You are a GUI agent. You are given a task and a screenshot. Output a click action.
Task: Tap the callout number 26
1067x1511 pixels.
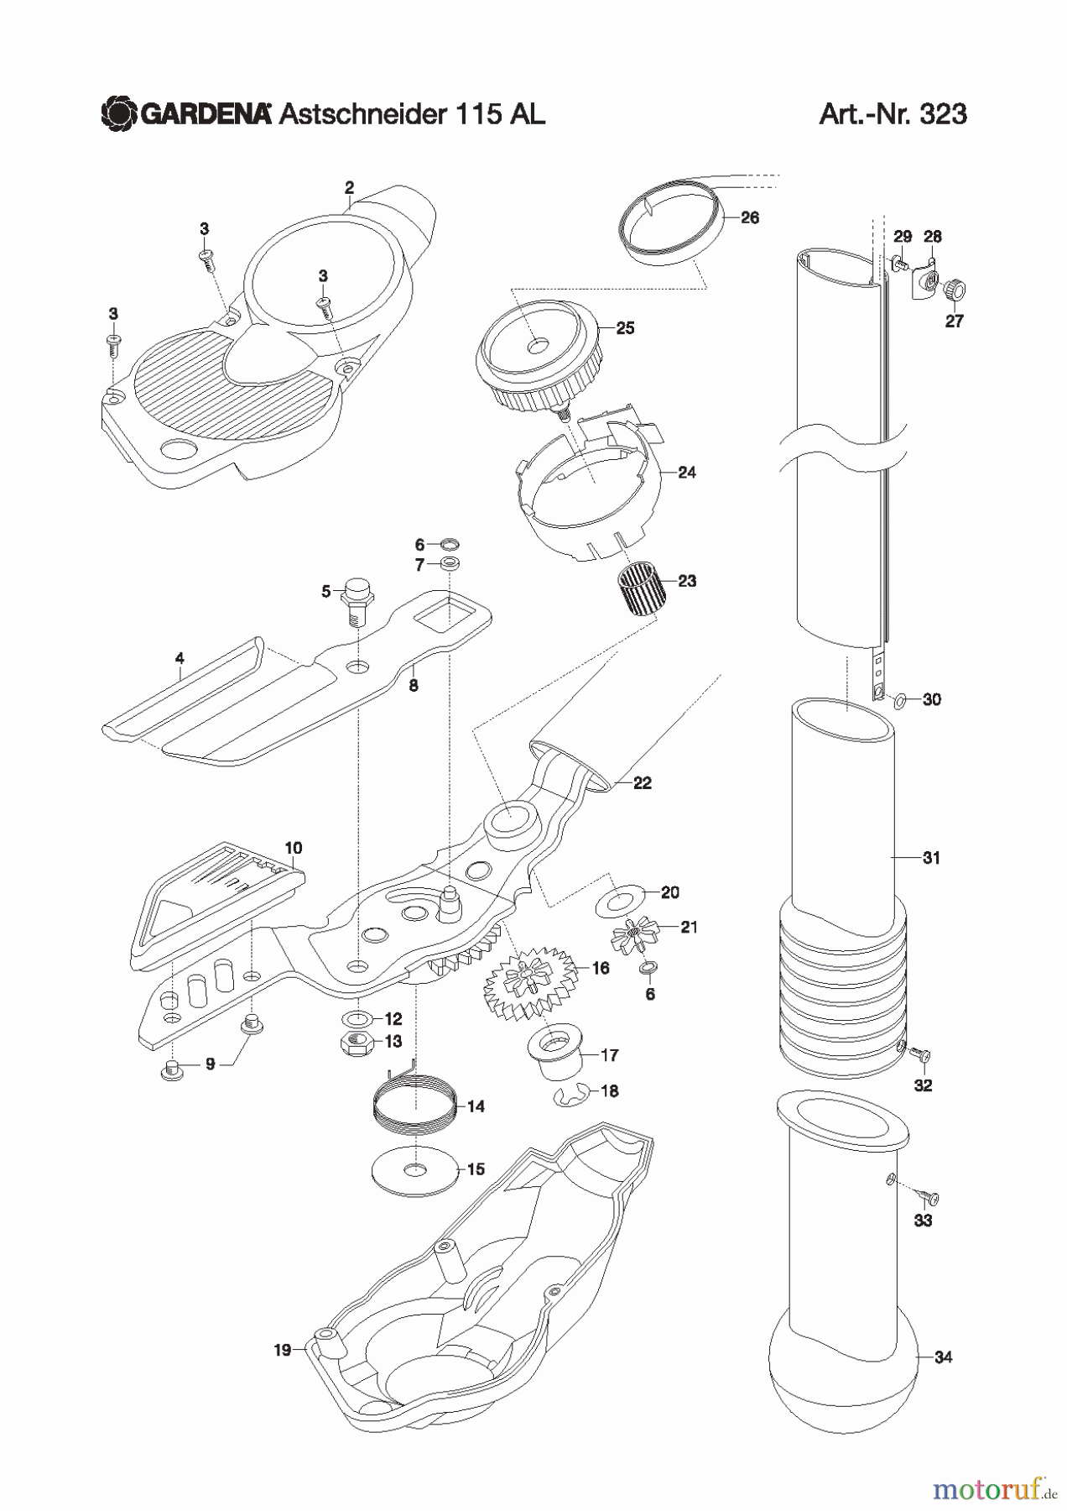pos(750,217)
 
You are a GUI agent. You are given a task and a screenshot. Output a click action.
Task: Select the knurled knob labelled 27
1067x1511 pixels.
pos(954,291)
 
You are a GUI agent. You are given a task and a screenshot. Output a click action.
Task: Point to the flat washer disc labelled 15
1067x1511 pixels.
pos(415,1169)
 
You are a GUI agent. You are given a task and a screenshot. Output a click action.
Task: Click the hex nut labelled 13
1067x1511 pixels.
pos(357,1043)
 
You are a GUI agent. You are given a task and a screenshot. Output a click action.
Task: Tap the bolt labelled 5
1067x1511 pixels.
pos(357,599)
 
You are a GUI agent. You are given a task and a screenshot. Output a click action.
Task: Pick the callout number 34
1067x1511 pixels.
pos(943,1357)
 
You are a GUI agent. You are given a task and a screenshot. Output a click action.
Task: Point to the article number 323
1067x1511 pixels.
pos(943,113)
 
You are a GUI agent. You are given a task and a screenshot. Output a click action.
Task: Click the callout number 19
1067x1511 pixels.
pos(282,1350)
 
